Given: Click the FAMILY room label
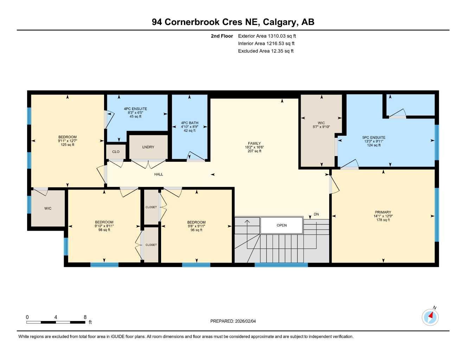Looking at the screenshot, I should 254,143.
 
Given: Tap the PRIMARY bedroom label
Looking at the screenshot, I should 383,212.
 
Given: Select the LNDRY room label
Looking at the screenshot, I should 148,147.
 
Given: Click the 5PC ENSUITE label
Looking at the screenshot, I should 374,138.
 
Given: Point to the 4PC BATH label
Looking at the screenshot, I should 190,123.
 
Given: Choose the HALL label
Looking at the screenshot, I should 159,174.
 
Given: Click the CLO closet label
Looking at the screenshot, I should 116,152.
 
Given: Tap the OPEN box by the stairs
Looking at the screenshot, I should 281,225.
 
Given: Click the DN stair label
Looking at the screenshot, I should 316,214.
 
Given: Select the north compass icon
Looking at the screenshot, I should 430,317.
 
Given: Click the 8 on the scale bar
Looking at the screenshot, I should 85,317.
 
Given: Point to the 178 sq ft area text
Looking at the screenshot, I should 383,220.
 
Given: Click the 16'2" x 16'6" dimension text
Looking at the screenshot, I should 254,147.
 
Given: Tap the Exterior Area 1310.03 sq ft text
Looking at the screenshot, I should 267,36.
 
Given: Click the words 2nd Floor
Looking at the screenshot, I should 222,36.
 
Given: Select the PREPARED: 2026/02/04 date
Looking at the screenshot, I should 233,321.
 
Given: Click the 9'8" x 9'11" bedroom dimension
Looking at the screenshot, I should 196,226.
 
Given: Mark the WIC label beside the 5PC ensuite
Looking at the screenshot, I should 321,123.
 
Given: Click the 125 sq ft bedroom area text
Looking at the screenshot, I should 68,145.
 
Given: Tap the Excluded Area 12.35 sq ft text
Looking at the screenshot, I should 266,51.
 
